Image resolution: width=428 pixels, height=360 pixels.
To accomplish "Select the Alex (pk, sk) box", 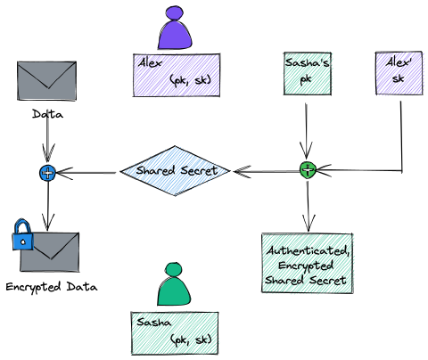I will pos(176,74).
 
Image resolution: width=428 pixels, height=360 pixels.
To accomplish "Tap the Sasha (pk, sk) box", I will pos(176,331).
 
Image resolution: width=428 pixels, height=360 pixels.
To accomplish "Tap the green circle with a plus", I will pos(308,170).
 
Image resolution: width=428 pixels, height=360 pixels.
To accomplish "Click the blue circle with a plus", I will pos(46,172).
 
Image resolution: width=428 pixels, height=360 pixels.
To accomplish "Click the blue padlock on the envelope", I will pos(22,236).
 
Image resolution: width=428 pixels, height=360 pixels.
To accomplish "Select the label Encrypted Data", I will pos(51,287).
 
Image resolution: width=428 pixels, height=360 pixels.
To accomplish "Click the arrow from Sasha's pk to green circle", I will pos(307,129).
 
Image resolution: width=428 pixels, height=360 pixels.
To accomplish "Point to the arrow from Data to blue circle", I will pos(46,143).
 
